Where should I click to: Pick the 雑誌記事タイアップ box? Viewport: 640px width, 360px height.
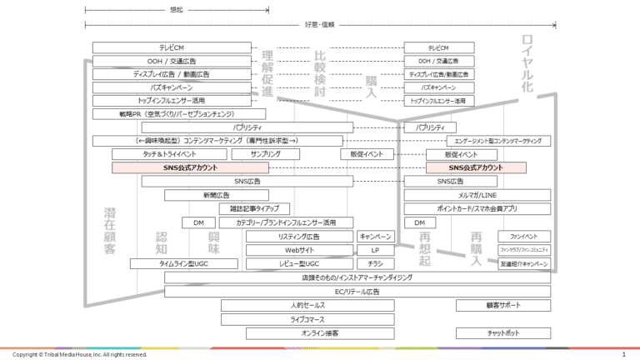pyautogui.click(x=255, y=208)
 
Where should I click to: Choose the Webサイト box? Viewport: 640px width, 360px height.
pyautogui.click(x=299, y=250)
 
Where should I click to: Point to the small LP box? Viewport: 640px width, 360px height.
pyautogui.click(x=375, y=250)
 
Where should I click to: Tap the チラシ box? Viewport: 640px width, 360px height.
pyautogui.click(x=375, y=263)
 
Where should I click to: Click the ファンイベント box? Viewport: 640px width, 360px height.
pyautogui.click(x=524, y=237)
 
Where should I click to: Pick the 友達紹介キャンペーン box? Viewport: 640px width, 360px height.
pyautogui.click(x=524, y=263)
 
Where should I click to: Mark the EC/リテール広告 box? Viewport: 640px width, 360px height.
pyautogui.click(x=357, y=292)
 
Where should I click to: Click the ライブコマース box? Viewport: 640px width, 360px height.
pyautogui.click(x=307, y=319)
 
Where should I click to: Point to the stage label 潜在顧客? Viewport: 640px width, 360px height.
pyautogui.click(x=110, y=230)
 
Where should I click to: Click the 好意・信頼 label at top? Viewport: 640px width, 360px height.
pyautogui.click(x=319, y=25)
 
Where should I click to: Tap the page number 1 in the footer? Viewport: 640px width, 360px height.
pyautogui.click(x=623, y=354)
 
